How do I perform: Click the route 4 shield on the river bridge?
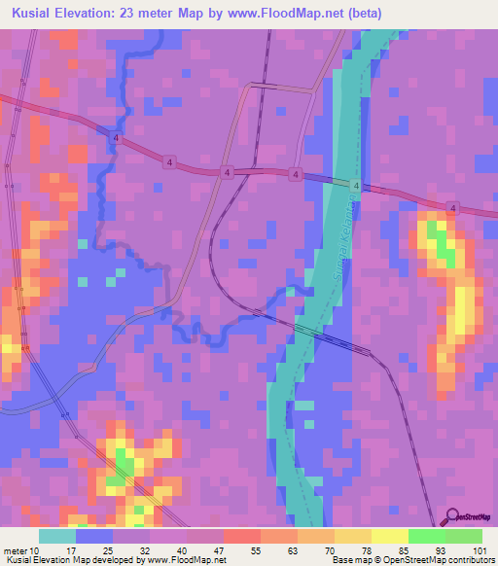coord(356,185)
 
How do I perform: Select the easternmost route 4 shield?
coord(453,207)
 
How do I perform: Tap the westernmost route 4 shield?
coord(116,140)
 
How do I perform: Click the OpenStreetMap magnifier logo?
coord(451,517)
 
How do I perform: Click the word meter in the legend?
coord(17,551)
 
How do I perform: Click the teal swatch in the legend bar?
coord(57,536)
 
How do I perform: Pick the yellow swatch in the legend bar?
coord(389,536)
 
